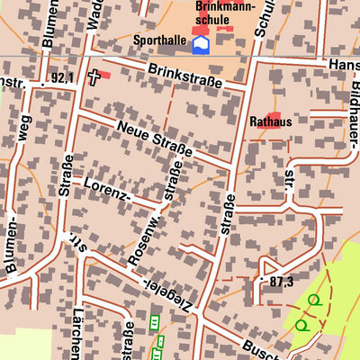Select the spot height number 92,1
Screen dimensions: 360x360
[61, 78]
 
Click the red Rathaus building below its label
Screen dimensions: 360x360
[271, 133]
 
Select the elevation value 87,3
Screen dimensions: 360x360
[281, 282]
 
